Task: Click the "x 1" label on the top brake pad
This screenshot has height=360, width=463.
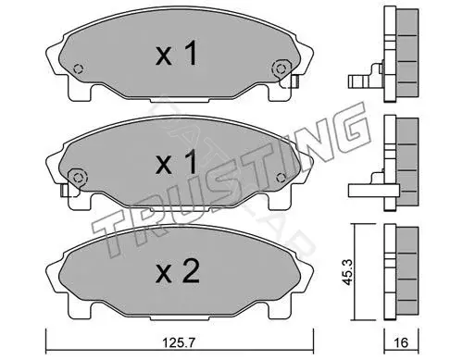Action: tap(176, 54)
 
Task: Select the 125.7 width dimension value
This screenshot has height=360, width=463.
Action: tap(179, 342)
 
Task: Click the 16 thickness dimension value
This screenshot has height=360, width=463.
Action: tap(401, 342)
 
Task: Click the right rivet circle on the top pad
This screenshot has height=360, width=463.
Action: tap(281, 68)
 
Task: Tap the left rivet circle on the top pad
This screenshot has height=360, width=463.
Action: tap(79, 68)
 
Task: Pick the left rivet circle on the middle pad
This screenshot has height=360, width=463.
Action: tap(78, 178)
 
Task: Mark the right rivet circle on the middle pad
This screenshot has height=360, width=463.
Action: tap(281, 178)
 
